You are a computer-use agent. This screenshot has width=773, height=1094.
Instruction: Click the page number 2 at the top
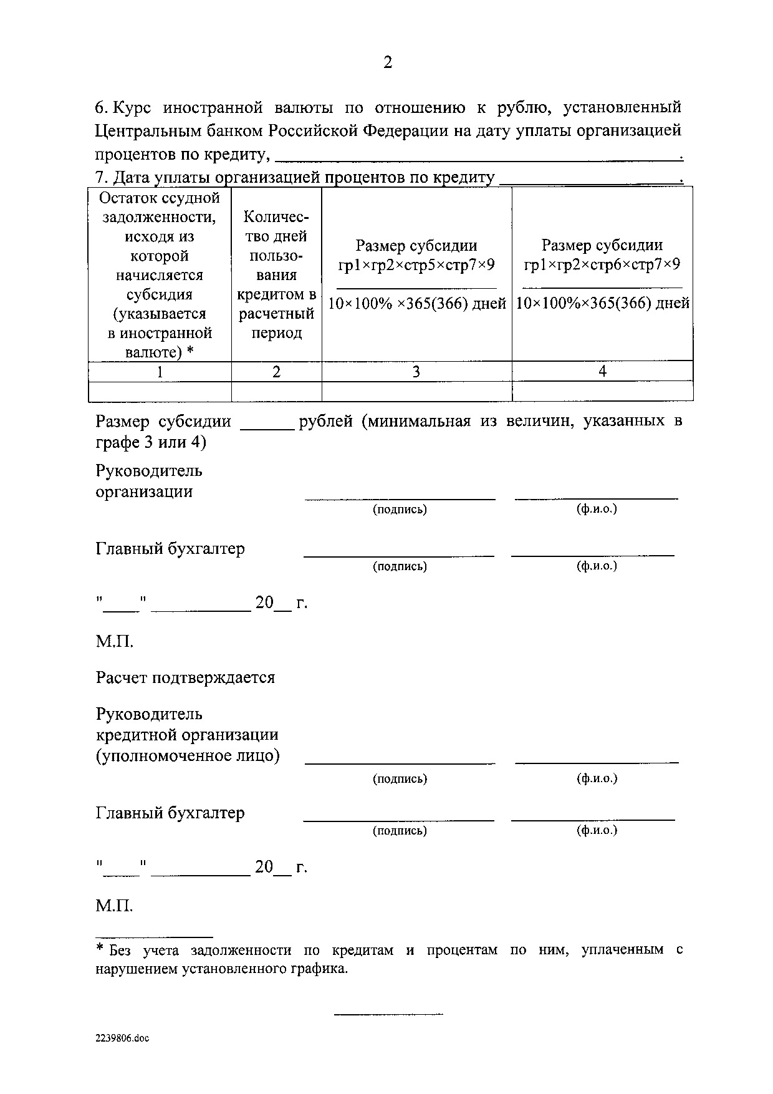[387, 62]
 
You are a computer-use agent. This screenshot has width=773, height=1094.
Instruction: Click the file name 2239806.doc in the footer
[122, 1038]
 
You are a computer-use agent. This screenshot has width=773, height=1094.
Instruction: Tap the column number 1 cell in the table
[160, 372]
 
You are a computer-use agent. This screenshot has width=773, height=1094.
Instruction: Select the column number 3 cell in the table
[416, 372]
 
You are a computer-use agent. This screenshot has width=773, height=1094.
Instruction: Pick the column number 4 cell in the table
[602, 372]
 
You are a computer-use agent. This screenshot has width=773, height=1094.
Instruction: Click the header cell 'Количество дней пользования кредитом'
[276, 274]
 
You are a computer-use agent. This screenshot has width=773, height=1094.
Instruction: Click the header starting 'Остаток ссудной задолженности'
[160, 274]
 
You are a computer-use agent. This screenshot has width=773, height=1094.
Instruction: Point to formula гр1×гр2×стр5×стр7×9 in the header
[416, 265]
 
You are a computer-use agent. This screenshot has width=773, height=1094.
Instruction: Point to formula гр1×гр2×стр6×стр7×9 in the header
[602, 264]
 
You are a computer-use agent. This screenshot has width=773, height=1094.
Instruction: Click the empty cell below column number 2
[276, 391]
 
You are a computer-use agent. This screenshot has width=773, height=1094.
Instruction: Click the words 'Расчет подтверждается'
[185, 677]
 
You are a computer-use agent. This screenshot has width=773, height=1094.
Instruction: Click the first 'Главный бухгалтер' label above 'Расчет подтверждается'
[170, 549]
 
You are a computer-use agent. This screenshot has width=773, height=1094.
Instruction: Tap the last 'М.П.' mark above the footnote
[114, 906]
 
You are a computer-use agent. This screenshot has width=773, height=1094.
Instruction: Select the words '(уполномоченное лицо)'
[188, 756]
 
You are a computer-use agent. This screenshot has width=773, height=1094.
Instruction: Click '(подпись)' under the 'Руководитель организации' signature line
[400, 510]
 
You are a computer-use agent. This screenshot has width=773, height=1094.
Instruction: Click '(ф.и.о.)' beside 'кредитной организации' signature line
[597, 778]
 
